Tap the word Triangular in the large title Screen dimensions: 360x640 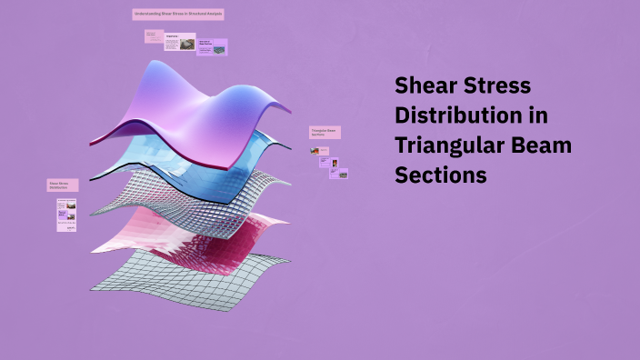point(448,145)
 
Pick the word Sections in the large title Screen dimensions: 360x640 point(440,175)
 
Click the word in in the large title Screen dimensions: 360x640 point(539,116)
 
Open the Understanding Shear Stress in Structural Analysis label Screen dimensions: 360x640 point(178,15)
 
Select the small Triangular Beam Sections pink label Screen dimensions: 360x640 point(325,133)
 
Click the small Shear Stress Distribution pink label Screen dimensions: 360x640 point(63,185)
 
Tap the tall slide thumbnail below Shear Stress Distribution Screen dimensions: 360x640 point(66,215)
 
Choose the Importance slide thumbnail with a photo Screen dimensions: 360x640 point(180,42)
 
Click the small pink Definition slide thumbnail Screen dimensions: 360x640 point(153,36)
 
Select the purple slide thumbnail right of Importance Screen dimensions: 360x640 point(212,46)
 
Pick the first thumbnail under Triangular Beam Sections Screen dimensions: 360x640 point(324,150)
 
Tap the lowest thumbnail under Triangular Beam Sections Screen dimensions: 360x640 point(338,173)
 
